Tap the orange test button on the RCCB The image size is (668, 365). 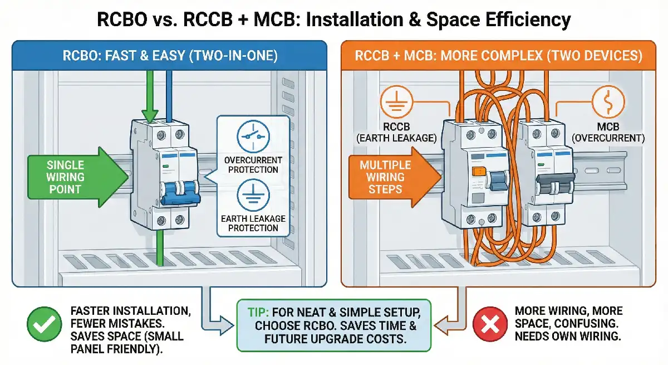pyautogui.click(x=476, y=173)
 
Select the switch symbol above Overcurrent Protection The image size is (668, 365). pyautogui.click(x=253, y=135)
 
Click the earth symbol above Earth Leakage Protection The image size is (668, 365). pyautogui.click(x=253, y=196)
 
